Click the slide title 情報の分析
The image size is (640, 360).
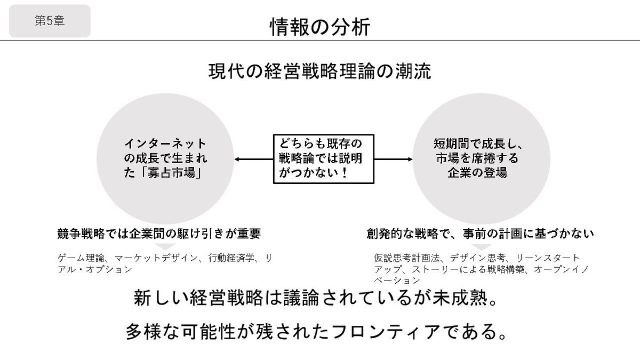click(x=319, y=27)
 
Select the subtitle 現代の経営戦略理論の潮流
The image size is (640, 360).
click(x=319, y=71)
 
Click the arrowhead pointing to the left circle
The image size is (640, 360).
click(x=237, y=159)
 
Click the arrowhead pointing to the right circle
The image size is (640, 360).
click(x=411, y=159)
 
